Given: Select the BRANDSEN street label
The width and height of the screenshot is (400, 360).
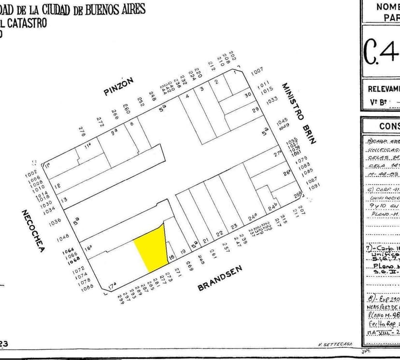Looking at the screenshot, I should click(220, 278).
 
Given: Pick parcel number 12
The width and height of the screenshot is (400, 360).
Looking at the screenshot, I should click(57, 186).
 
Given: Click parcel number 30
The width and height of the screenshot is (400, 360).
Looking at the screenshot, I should click(248, 95).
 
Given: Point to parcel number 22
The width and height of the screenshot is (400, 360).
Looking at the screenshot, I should click(219, 233).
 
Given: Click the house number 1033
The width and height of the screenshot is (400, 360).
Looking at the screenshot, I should click(271, 100).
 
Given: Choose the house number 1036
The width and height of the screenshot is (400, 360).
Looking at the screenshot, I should click(56, 221).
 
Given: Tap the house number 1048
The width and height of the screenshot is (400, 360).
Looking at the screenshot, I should click(63, 238).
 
